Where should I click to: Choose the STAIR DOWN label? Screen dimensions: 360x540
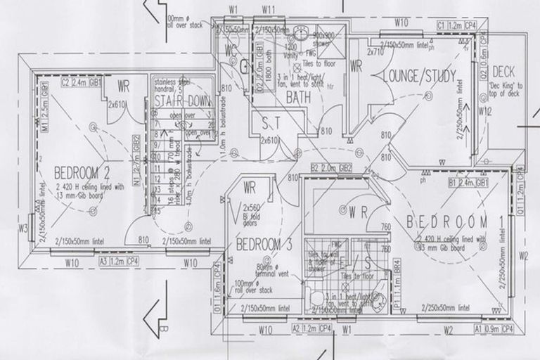[x=182, y=102]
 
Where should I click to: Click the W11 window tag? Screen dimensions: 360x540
[x=267, y=10]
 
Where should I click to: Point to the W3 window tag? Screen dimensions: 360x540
[x=22, y=228]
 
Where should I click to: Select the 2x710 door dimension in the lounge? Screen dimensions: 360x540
[x=376, y=51]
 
